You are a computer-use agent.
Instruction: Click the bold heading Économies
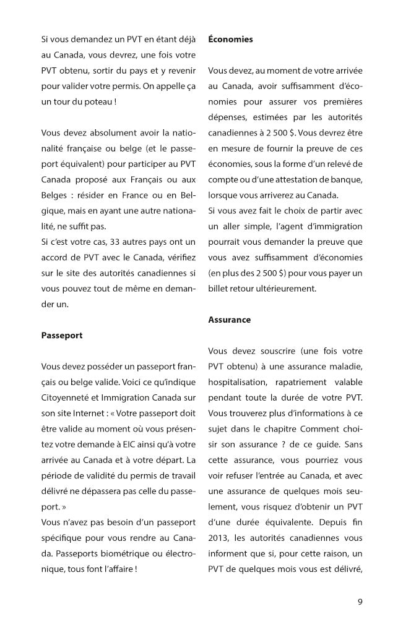pyautogui.click(x=230, y=39)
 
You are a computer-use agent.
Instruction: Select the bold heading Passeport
pyautogui.click(x=61, y=336)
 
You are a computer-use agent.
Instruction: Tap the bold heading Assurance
pyautogui.click(x=229, y=320)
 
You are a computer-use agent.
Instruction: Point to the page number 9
pyautogui.click(x=360, y=600)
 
